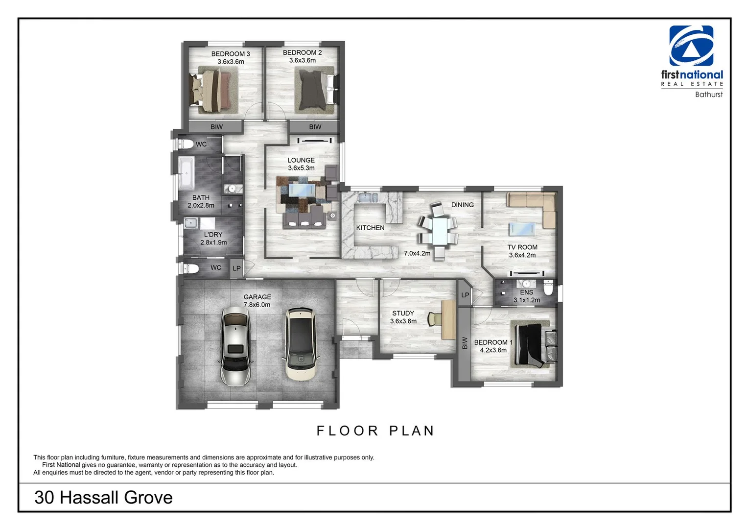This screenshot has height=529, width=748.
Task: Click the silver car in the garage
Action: [x=235, y=346]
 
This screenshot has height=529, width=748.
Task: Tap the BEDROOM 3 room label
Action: [x=231, y=57]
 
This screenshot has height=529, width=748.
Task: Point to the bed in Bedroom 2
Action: [x=314, y=90]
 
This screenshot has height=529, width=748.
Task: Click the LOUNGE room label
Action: [x=301, y=164]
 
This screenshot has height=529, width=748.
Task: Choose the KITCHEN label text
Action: [x=370, y=228]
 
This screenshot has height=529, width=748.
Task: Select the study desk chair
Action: [x=433, y=319]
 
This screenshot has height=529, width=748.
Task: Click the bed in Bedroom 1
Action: [x=532, y=344]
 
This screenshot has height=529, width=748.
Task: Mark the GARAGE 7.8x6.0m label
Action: [x=257, y=301]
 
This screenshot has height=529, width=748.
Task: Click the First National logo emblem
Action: [x=691, y=46]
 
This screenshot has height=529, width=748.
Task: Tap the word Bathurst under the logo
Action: [x=708, y=95]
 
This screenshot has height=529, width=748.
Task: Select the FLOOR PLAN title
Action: [x=375, y=431]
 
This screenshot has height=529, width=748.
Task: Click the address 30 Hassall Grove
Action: [x=103, y=497]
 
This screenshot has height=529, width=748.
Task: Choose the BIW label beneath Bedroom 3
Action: [x=216, y=127]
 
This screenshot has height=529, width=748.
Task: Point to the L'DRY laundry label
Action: [x=213, y=238]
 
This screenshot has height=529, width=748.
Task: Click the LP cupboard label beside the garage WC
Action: [x=237, y=268]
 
